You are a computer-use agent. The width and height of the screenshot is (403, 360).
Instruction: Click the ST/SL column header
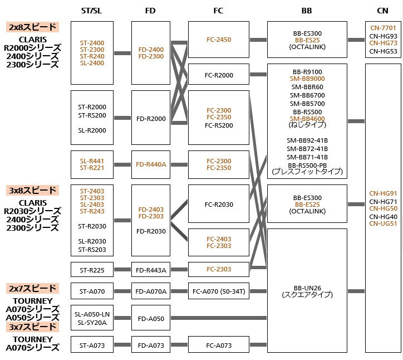[92, 11]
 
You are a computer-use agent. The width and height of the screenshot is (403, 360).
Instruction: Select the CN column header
[382, 11]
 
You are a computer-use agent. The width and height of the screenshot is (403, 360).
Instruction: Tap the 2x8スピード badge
[33, 27]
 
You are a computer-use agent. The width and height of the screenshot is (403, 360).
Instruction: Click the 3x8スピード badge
[33, 190]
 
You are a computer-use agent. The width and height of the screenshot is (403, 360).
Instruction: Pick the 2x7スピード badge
[33, 288]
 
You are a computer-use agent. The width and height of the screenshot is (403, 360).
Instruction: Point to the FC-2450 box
[218, 40]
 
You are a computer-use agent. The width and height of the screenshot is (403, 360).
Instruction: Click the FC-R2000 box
[218, 75]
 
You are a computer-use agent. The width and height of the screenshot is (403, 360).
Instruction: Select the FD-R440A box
[151, 164]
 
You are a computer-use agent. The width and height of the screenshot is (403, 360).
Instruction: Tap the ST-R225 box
[92, 270]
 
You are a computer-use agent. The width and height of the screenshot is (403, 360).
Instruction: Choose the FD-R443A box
[151, 270]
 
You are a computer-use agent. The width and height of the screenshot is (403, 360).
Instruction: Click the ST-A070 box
[92, 290]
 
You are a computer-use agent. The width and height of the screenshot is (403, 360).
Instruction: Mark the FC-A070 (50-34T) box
[218, 290]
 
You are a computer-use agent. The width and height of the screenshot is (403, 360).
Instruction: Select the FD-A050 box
[151, 318]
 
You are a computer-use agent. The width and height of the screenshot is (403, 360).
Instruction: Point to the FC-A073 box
[218, 345]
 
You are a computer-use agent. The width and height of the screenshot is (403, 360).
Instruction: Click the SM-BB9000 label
[307, 79]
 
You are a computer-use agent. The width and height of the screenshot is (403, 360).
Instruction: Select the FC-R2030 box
[218, 204]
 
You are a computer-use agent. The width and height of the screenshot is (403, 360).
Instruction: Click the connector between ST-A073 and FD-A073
[122, 345]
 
